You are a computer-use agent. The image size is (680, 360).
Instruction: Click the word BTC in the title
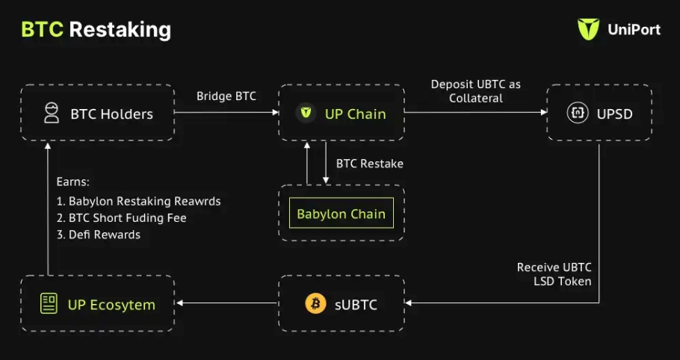pyautogui.click(x=42, y=30)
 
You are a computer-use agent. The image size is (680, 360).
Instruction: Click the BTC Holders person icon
pyautogui.click(x=51, y=114)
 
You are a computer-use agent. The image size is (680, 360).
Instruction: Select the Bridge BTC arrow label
pyautogui.click(x=226, y=96)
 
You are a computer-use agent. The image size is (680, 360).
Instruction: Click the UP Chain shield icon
pyautogui.click(x=305, y=114)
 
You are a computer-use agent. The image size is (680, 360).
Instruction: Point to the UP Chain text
pyautogui.click(x=355, y=114)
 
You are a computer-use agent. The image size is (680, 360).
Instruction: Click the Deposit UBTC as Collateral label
pyautogui.click(x=476, y=91)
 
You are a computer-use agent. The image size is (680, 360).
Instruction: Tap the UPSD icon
pyautogui.click(x=577, y=114)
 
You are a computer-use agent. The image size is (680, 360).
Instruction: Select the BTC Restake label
pyautogui.click(x=369, y=164)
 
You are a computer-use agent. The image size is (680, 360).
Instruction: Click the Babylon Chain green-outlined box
pyautogui.click(x=341, y=214)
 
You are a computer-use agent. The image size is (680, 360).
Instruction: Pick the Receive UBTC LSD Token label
pyautogui.click(x=554, y=274)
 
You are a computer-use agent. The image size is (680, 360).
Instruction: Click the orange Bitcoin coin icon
pyautogui.click(x=315, y=304)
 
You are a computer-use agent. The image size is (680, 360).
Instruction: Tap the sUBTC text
pyautogui.click(x=356, y=305)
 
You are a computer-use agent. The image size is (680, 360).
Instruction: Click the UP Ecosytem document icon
pyautogui.click(x=49, y=304)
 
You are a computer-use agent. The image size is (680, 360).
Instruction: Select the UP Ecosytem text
pyautogui.click(x=111, y=305)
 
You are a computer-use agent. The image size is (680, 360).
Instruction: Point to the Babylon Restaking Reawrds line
pyautogui.click(x=138, y=201)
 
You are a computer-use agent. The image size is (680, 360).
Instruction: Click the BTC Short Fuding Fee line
pyautogui.click(x=121, y=217)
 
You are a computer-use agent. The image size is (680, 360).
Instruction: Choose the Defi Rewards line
pyautogui.click(x=98, y=234)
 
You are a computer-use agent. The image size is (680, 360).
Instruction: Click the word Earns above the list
pyautogui.click(x=74, y=182)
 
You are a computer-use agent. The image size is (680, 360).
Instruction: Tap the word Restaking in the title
pyautogui.click(x=120, y=30)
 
